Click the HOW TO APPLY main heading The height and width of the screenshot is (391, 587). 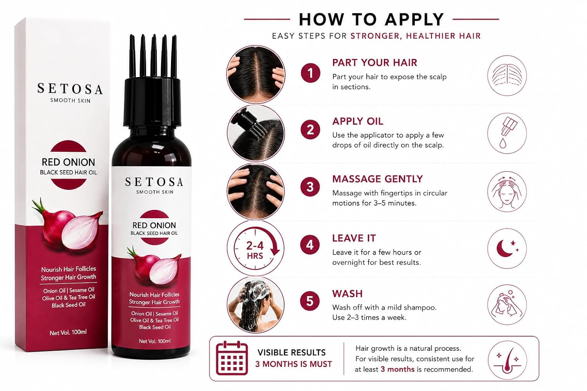(371, 20)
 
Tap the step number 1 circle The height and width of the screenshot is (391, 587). (310, 73)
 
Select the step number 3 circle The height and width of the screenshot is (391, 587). (310, 187)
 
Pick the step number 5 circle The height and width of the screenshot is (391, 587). (310, 301)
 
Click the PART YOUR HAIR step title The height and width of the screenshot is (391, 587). (375, 63)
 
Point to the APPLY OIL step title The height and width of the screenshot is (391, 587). (358, 122)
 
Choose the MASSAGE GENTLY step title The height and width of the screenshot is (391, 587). (377, 179)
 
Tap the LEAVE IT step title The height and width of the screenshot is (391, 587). (354, 239)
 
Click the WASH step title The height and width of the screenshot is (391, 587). (347, 294)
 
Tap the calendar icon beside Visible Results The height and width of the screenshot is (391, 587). (232, 358)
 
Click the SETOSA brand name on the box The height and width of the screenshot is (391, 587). (70, 89)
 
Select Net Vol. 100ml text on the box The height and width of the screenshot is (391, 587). (68, 333)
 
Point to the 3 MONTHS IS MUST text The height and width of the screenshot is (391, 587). (293, 364)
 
